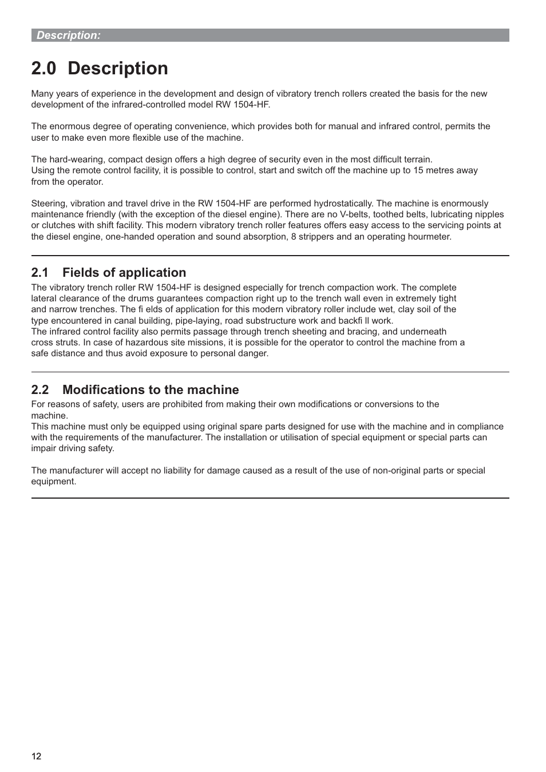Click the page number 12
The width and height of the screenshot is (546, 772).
[x=36, y=757]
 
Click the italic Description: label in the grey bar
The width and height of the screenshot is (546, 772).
[x=69, y=35]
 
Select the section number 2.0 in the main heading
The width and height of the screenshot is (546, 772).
[x=44, y=69]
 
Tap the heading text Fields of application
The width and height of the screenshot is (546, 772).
[x=124, y=273]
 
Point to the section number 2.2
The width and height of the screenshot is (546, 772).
[x=40, y=390]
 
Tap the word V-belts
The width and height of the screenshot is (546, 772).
[x=354, y=214]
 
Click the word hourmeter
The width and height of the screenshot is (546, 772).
[x=430, y=237]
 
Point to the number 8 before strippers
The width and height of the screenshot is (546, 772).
[x=294, y=237]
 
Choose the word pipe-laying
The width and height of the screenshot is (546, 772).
[x=198, y=321]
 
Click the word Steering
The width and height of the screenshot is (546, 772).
[x=49, y=204]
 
